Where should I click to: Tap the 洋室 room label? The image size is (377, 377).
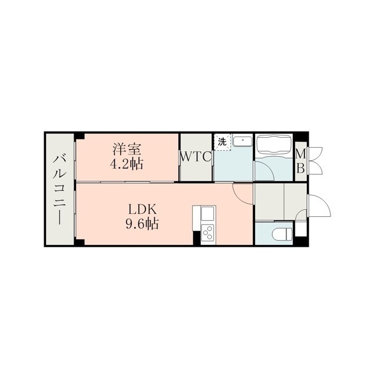[x=127, y=149]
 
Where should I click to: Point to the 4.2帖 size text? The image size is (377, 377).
[x=127, y=164]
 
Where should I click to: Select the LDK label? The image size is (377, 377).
[x=143, y=209]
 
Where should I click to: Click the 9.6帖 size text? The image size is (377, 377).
[x=142, y=224]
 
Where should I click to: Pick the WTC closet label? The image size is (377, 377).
[x=196, y=157]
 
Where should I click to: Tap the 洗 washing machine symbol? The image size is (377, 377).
[x=223, y=142]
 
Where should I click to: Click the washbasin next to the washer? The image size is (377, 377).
[x=243, y=141]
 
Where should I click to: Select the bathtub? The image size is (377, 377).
[x=274, y=145]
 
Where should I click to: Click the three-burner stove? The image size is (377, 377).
[x=208, y=233]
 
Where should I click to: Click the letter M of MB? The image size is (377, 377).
[x=300, y=154]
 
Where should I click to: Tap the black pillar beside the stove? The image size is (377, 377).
[x=197, y=238]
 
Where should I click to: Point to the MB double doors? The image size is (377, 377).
[x=316, y=160]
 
